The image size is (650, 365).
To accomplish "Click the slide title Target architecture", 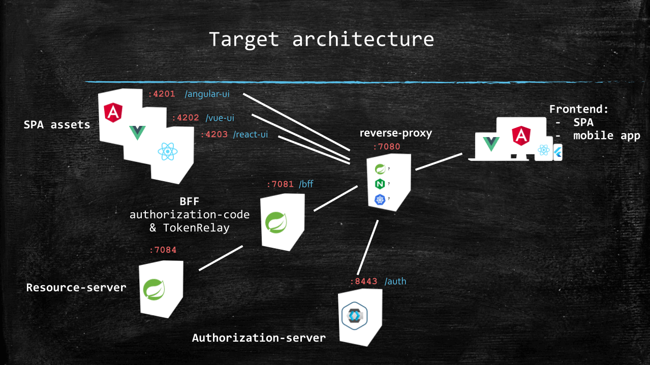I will point(321,39).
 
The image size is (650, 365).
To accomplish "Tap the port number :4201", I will point(162,93).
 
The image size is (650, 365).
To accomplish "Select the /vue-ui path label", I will point(220,118).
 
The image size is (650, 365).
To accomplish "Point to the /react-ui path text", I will point(251,135).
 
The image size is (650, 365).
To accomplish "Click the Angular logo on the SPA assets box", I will point(113,112).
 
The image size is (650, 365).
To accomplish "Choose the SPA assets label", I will point(57,124).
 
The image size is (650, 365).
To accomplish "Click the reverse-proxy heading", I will point(395,133).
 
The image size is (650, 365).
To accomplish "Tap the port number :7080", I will point(387,147).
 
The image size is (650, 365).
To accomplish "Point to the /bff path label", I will point(306,184).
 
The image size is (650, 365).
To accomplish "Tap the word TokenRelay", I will point(196,228).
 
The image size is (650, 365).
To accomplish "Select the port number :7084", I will point(163,249).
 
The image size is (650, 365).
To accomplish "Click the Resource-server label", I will point(76,288).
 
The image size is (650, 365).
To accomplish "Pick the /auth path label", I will point(395,281).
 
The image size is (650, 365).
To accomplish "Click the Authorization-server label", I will point(259,338).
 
